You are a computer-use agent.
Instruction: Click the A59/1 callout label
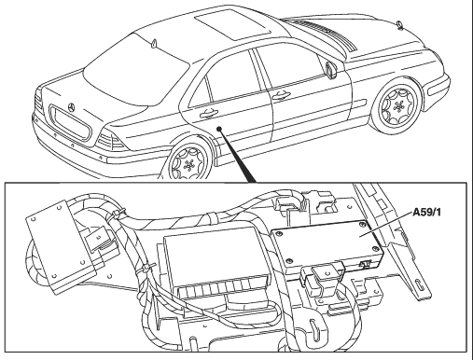coord(426,213)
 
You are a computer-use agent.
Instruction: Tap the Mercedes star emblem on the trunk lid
coord(72,107)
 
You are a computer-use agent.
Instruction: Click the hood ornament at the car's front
coord(399,24)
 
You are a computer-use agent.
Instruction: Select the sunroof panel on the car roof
coord(232,24)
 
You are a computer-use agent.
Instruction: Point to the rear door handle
coord(209,114)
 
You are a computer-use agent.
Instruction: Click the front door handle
coord(281,96)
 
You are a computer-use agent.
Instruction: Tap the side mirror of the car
coord(330,69)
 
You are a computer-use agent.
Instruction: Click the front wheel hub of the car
coord(397,106)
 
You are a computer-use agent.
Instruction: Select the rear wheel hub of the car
coord(188,166)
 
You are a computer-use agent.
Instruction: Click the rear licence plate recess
coord(70,124)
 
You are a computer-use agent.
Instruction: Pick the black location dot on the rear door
coord(219,129)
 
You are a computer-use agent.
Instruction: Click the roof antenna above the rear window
coord(153,44)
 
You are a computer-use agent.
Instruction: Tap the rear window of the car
coord(137,69)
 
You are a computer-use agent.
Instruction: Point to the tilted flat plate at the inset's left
coord(61,247)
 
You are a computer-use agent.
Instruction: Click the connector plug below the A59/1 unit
coord(324,275)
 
